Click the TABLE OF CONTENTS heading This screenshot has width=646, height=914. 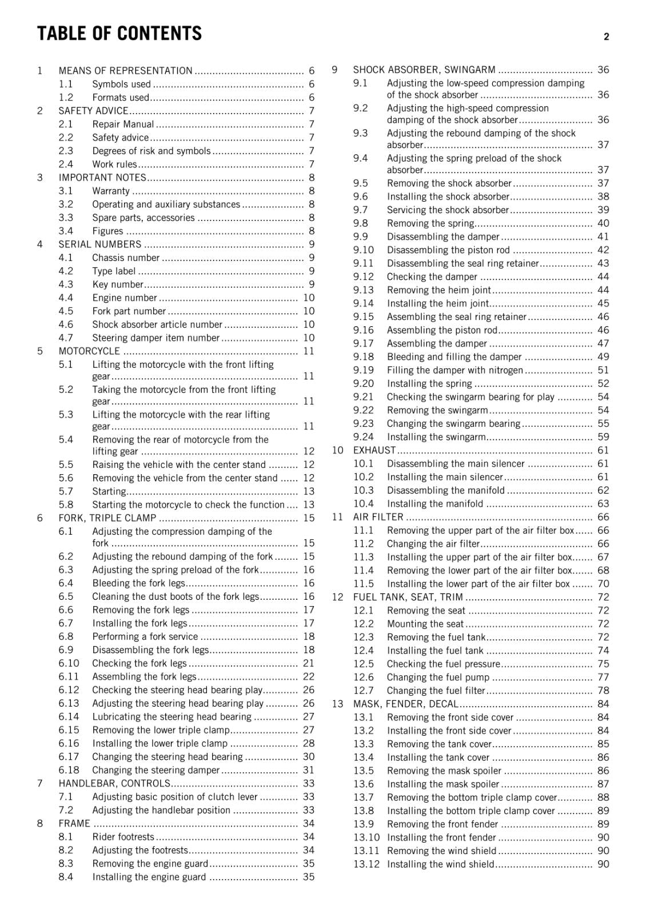click(119, 34)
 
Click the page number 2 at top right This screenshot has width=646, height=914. click(606, 37)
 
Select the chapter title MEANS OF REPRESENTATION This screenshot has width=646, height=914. click(125, 71)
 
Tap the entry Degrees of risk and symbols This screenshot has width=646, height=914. click(151, 151)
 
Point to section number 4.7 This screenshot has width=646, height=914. click(66, 338)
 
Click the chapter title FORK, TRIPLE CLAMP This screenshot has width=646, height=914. click(107, 518)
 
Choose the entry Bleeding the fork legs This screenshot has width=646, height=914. click(139, 583)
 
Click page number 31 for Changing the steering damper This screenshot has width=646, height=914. click(309, 770)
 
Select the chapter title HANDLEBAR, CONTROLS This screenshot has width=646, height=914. click(114, 783)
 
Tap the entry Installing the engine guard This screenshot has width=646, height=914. click(149, 877)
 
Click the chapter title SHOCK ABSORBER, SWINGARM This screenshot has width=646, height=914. click(424, 70)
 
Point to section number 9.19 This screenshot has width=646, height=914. click(363, 370)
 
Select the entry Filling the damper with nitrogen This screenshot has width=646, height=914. click(454, 370)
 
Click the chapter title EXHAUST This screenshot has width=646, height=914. click(374, 450)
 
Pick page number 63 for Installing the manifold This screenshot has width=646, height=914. click(603, 504)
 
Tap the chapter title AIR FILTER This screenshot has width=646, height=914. click(378, 517)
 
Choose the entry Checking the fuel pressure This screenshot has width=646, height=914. click(443, 664)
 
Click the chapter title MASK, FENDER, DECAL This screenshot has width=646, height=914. click(405, 704)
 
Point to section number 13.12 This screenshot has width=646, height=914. click(366, 864)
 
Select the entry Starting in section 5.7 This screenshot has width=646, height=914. click(109, 491)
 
